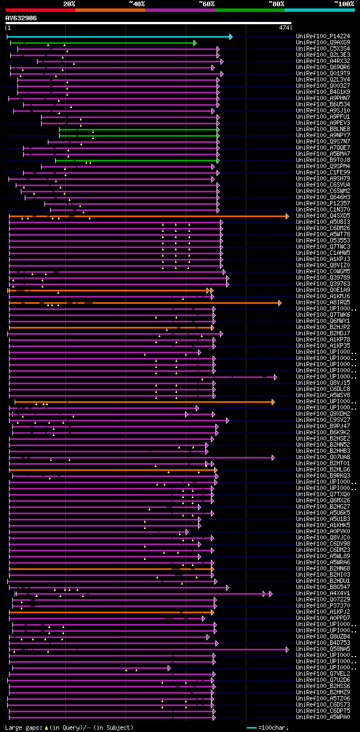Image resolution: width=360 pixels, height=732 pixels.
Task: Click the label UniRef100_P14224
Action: (322, 37)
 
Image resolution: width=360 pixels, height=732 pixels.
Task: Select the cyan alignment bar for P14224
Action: (118, 37)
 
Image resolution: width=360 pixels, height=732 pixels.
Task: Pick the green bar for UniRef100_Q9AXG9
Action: (101, 43)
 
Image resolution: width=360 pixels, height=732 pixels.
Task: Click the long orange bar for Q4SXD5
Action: (146, 216)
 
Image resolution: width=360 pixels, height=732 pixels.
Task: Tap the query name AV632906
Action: (21, 18)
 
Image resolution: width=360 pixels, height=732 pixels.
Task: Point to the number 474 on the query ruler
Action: (283, 28)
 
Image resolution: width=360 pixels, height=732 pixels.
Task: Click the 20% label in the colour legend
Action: (69, 3)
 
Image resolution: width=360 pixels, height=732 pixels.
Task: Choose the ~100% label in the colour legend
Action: (344, 3)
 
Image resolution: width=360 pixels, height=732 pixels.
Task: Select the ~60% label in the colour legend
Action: (206, 3)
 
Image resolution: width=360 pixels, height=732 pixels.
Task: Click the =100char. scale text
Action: (273, 728)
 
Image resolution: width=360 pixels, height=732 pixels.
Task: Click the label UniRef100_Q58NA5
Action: (322, 649)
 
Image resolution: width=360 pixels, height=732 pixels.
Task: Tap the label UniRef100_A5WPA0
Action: (322, 717)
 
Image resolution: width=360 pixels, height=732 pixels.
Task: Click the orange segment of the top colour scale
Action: (110, 10)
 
